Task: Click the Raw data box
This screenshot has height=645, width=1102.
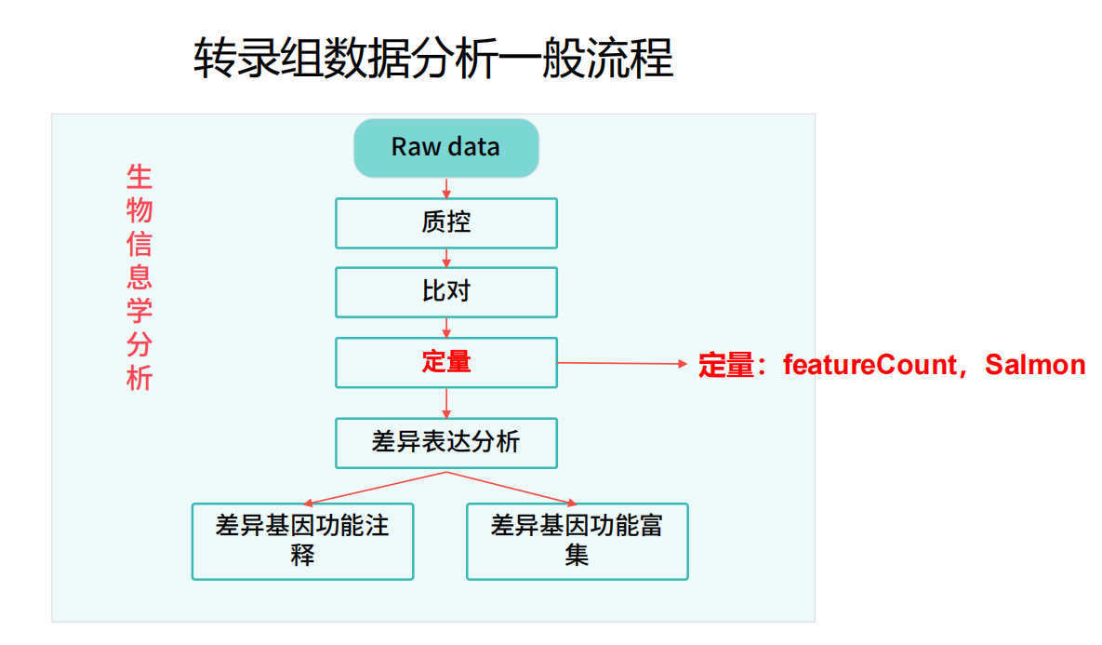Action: (x=446, y=148)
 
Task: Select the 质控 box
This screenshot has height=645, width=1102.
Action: (x=446, y=223)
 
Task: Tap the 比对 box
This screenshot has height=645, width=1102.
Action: (x=446, y=292)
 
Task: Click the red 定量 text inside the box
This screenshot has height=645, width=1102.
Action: (x=446, y=362)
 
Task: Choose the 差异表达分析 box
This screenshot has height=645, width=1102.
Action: (x=446, y=443)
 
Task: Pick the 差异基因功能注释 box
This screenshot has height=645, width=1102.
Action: (x=303, y=541)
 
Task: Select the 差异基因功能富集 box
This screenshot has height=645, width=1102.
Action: (x=577, y=541)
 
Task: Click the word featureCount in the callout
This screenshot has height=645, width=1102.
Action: (x=870, y=365)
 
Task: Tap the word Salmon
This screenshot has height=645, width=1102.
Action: (x=1035, y=365)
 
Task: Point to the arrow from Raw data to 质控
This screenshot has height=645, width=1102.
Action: (x=446, y=188)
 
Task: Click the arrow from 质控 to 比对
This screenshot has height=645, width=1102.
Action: (x=446, y=258)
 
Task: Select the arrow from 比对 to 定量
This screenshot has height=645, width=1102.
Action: (x=446, y=328)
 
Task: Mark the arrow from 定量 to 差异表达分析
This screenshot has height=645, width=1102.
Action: (x=446, y=403)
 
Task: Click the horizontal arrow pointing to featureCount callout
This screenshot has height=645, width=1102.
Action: (x=623, y=364)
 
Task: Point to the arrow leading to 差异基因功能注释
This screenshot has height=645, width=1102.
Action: (x=375, y=489)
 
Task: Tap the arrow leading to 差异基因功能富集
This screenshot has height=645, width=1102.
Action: (x=511, y=489)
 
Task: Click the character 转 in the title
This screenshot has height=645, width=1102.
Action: (x=215, y=58)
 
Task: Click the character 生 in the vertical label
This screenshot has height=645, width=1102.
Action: (x=139, y=177)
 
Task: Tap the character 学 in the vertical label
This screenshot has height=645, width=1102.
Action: (x=139, y=311)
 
